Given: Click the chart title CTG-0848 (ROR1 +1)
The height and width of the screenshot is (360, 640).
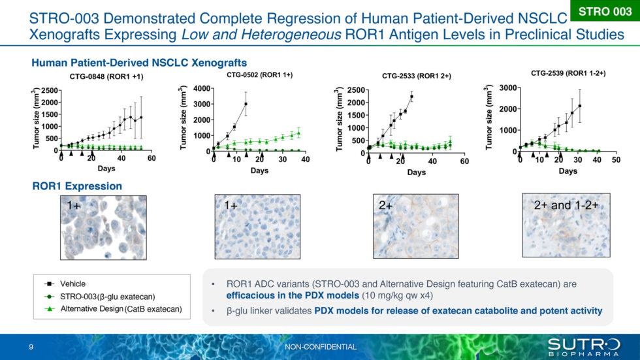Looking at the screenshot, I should (x=106, y=77).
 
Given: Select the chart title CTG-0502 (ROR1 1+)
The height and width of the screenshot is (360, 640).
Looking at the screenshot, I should (x=259, y=75).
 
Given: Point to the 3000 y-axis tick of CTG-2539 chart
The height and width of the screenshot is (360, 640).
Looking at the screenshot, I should (x=507, y=88).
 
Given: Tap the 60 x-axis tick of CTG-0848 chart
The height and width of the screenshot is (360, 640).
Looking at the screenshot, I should (x=151, y=159).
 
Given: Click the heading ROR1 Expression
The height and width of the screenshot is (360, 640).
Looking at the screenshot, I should (x=77, y=186).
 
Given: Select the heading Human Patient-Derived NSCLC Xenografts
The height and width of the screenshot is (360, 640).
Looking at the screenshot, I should (x=138, y=63).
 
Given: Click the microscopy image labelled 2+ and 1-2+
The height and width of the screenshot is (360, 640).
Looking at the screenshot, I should (x=566, y=222).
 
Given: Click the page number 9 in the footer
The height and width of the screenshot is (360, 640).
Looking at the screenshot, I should (x=31, y=346).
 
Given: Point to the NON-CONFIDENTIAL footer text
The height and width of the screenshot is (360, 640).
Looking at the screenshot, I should (x=321, y=346).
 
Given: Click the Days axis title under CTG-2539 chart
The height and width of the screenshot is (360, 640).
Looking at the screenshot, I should (x=568, y=171).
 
